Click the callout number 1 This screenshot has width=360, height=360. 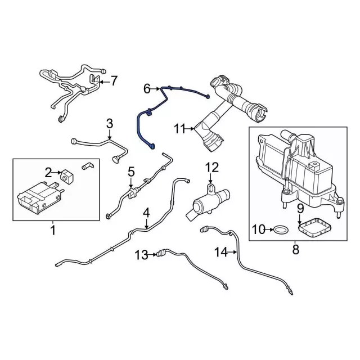pyautogui.click(x=53, y=230)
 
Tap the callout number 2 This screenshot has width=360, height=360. pyautogui.click(x=49, y=172)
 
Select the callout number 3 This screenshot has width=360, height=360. pyautogui.click(x=110, y=123)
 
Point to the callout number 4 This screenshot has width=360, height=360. pyautogui.click(x=146, y=213)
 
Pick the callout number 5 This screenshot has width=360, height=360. pyautogui.click(x=131, y=172)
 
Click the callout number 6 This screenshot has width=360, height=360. pyautogui.click(x=147, y=88)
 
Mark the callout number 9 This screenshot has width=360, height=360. pyautogui.click(x=300, y=209)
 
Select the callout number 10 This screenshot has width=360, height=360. pyautogui.click(x=258, y=229)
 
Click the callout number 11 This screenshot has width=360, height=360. pyautogui.click(x=179, y=129)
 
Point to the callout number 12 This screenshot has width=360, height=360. pyautogui.click(x=211, y=167)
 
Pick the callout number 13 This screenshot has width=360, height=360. pyautogui.click(x=141, y=255)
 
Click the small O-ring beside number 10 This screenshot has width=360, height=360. pyautogui.click(x=280, y=229)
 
